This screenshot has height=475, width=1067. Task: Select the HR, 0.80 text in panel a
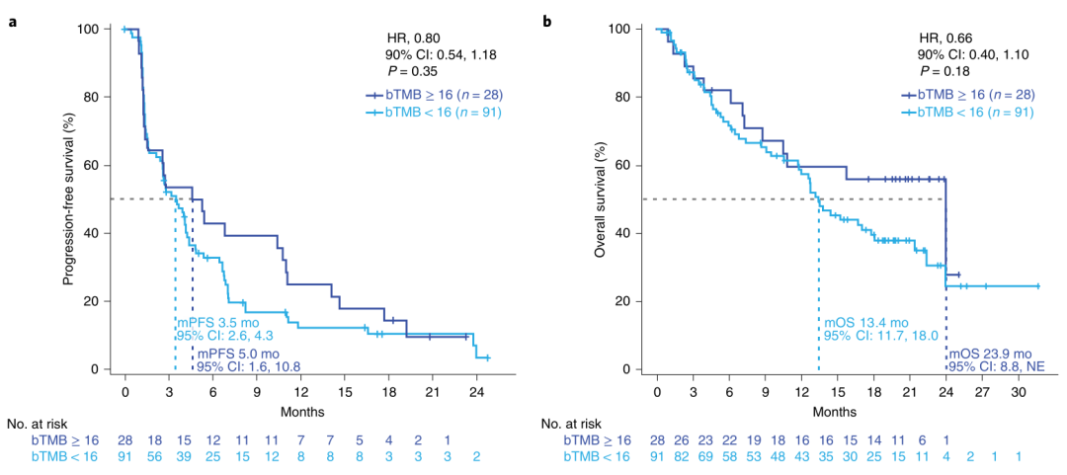pos(412,37)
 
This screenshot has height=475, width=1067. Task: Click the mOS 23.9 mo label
pos(991,353)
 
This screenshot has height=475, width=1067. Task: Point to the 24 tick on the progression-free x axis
pos(474,390)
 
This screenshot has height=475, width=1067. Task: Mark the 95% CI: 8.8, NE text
pos(991,367)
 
